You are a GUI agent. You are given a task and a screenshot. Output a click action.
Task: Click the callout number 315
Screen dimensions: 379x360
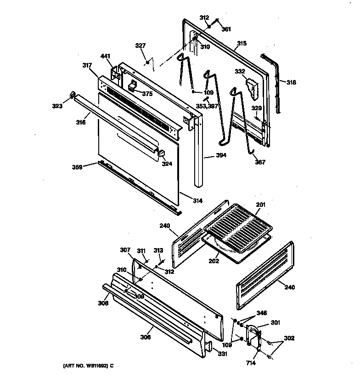coord(242,44)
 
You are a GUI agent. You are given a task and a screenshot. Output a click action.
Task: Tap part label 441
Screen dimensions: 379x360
coord(106,57)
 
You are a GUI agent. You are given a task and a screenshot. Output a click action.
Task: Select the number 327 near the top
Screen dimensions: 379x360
coord(140,45)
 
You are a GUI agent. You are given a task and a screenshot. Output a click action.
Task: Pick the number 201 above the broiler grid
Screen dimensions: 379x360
coord(260,204)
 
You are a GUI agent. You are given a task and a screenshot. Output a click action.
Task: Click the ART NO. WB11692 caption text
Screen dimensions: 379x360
coord(87,366)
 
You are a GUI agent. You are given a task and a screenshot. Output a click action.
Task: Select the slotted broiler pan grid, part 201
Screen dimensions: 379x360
coord(238,226)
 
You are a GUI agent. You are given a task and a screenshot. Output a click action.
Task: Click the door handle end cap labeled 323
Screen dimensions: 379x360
coord(72,95)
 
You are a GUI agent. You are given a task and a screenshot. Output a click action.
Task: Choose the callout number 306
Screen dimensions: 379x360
coord(146,337)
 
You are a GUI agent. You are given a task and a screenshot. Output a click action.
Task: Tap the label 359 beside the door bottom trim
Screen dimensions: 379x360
coord(77,168)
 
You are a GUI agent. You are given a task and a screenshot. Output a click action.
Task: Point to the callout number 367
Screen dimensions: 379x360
coord(260,162)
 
